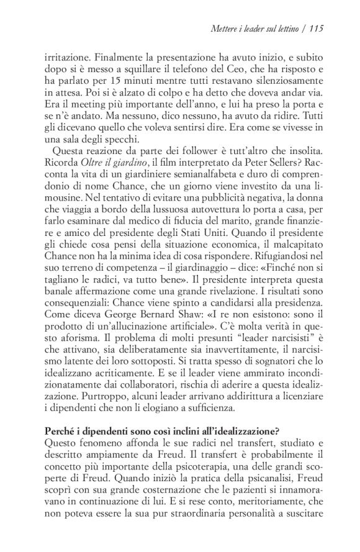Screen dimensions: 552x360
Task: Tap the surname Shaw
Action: pyautogui.click(x=162, y=332)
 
